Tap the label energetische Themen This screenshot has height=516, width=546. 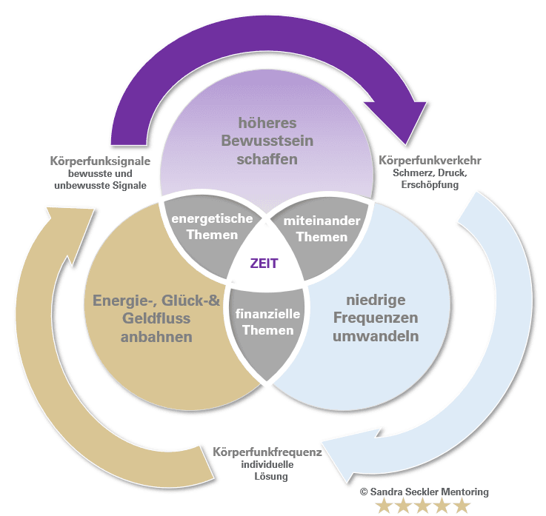point(212,227)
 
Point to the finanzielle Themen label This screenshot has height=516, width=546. point(268,321)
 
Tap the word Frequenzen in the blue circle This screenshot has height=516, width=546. point(382,318)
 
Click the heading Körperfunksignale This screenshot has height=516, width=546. point(101,161)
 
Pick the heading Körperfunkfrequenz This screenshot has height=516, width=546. point(267,452)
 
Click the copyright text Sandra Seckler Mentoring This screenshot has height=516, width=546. point(424,492)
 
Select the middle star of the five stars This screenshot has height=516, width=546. point(422,506)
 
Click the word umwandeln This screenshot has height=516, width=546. point(382,337)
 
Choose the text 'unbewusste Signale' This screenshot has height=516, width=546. point(101,185)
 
